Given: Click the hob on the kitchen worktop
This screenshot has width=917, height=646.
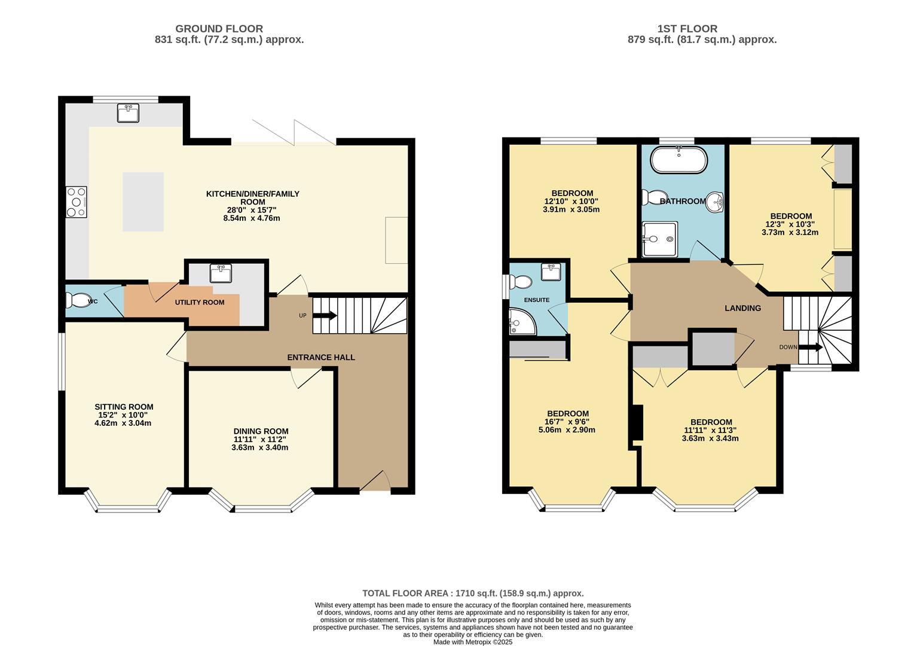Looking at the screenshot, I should click(77, 202).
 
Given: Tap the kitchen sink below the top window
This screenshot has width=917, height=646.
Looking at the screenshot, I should click(128, 112).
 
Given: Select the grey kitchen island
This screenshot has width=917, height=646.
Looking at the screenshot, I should click(143, 202).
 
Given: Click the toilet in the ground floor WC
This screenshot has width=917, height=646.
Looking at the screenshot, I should click(78, 300).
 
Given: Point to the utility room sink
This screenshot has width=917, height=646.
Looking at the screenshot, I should click(221, 273).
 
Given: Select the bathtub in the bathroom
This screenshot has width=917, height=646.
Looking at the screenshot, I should click(678, 160).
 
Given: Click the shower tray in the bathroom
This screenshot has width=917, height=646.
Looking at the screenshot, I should click(659, 239).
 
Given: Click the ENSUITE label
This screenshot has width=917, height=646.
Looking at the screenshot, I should click(536, 300).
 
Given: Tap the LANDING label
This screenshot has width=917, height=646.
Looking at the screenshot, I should click(742, 308).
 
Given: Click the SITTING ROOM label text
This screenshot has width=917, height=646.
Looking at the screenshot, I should click(124, 407).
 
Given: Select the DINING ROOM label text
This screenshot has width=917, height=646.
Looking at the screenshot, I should click(261, 431).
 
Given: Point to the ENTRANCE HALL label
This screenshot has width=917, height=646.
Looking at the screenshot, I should click(321, 357).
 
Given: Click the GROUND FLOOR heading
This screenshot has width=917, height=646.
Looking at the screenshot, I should click(219, 28).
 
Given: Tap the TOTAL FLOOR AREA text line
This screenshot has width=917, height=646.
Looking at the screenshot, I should click(473, 593).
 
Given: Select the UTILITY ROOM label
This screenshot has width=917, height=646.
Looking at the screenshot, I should click(200, 302).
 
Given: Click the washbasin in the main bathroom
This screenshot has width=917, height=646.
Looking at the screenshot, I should click(715, 202).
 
